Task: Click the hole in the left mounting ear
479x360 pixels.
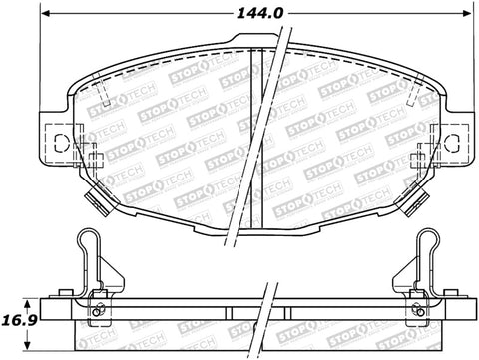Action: tap(57, 139)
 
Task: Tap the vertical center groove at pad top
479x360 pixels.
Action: tap(253, 55)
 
